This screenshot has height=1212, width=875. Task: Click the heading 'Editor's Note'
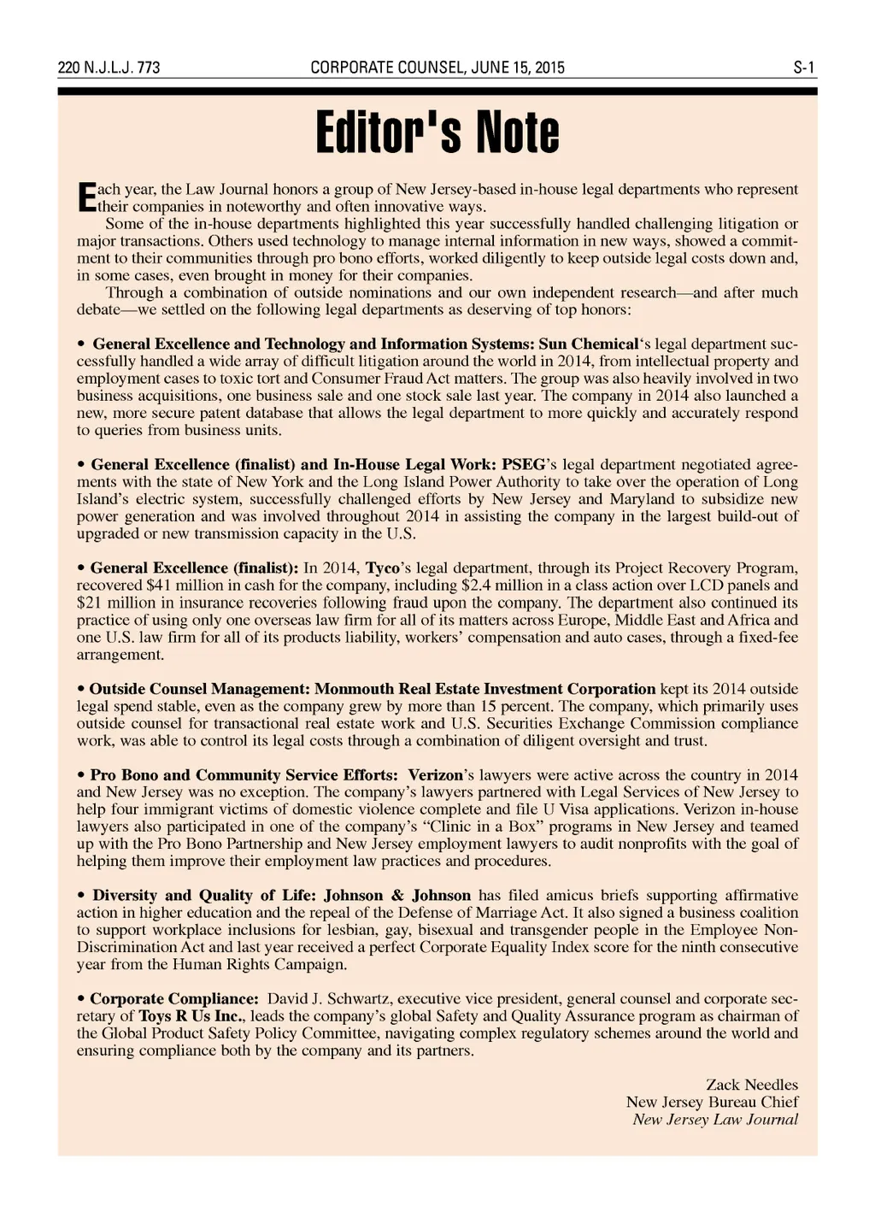pyautogui.click(x=437, y=133)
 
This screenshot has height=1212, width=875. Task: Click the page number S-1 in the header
pyautogui.click(x=804, y=68)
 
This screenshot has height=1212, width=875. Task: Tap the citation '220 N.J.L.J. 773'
pyautogui.click(x=109, y=68)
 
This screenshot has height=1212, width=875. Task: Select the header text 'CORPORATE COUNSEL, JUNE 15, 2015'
pyautogui.click(x=437, y=68)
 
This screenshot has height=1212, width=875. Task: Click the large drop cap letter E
pyautogui.click(x=85, y=197)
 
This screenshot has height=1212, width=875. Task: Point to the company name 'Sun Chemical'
pyautogui.click(x=588, y=344)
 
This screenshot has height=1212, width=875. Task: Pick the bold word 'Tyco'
pyautogui.click(x=383, y=568)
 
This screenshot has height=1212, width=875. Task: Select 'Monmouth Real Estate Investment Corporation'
pyautogui.click(x=485, y=689)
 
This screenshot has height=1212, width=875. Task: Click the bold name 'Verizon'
pyautogui.click(x=435, y=775)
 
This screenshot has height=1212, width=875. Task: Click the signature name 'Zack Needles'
pyautogui.click(x=752, y=1085)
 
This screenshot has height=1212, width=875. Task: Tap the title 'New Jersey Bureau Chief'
pyautogui.click(x=712, y=1102)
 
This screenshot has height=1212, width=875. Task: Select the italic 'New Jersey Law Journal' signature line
pyautogui.click(x=715, y=1120)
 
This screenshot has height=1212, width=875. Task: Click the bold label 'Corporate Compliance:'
pyautogui.click(x=174, y=999)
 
